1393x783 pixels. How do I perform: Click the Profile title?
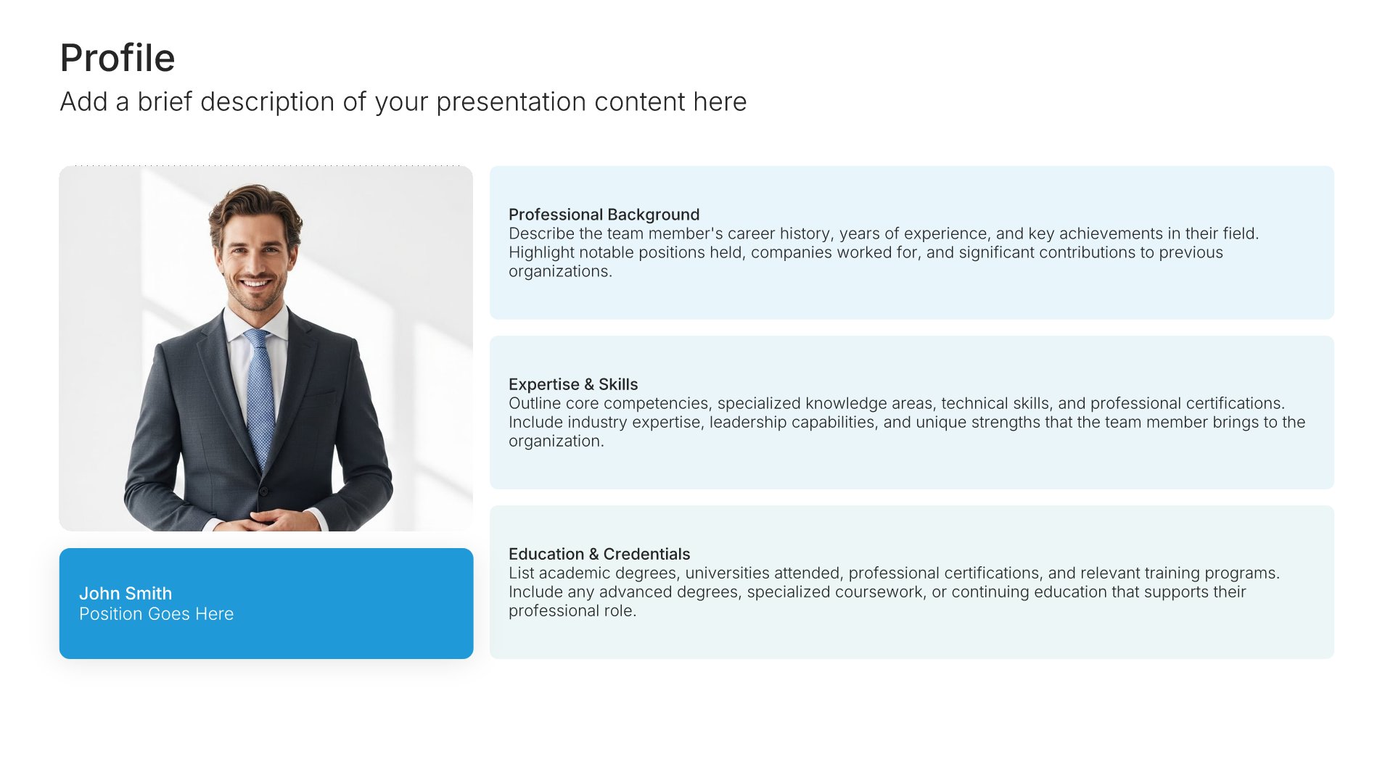click(118, 58)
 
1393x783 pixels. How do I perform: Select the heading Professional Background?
click(604, 215)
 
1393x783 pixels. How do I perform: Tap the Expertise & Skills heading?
click(573, 384)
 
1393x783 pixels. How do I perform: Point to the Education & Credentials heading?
click(599, 554)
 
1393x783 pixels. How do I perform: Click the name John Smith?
click(126, 593)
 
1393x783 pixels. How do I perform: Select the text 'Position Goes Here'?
click(156, 614)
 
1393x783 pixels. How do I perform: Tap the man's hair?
click(254, 207)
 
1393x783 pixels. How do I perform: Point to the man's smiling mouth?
click(255, 283)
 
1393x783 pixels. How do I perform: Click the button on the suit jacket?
click(263, 491)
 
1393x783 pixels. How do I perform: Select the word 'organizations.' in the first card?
click(560, 271)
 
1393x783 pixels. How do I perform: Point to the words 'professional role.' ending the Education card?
click(572, 610)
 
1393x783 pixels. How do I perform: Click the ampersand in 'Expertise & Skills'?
click(588, 384)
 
